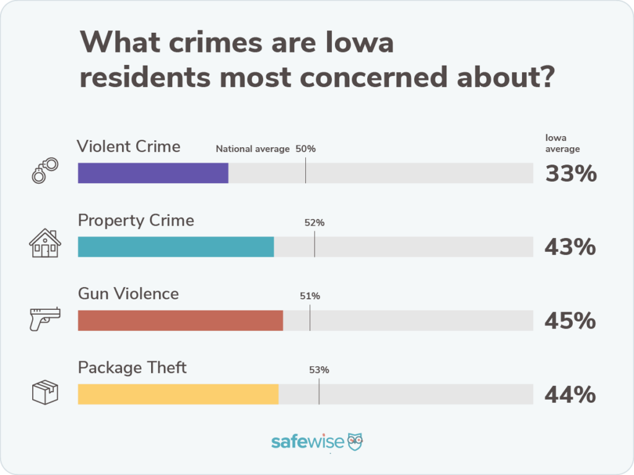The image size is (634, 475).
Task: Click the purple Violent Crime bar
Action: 153,173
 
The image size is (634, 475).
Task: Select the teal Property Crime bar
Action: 176,247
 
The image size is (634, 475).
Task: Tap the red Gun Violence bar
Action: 180,320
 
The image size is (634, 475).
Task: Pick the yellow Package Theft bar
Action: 178,394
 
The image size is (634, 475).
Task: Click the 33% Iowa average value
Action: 570,174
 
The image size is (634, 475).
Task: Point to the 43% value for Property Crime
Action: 570,247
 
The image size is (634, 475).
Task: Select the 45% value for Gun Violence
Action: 570,321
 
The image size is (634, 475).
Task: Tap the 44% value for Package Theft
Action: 570,395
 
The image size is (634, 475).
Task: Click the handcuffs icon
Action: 45,169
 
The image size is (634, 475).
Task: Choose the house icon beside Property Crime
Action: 45,244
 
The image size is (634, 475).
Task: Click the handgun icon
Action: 45,318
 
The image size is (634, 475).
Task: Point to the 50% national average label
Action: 305,149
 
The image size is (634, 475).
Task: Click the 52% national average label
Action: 315,223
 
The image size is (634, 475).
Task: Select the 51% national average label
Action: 310,296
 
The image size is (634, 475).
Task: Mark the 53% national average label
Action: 319,370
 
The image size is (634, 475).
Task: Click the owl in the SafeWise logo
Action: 355,441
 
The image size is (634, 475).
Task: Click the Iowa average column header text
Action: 562,143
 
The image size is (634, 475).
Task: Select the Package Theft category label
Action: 132,367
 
